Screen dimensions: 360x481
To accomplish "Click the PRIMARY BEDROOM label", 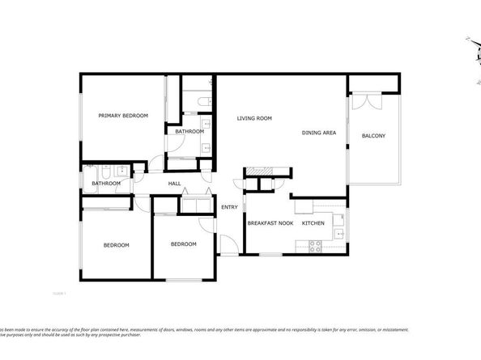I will tap(123, 116).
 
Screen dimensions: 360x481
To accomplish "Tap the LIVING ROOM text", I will tap(253, 119).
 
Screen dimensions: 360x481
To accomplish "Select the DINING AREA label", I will tap(319, 133).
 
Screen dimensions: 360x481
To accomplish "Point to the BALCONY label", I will tap(373, 135).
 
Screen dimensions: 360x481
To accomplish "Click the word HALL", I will tap(174, 184).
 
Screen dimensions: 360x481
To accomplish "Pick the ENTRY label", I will tap(229, 208).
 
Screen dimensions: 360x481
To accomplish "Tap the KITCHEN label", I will tap(313, 222).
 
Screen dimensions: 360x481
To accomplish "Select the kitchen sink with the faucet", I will tap(340, 234).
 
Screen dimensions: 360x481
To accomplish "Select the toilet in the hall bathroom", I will tap(105, 171).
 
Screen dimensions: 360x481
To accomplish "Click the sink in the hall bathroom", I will tap(121, 171).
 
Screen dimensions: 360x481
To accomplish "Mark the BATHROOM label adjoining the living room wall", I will tap(189, 131).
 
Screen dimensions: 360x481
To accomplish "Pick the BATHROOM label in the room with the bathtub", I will tap(106, 184).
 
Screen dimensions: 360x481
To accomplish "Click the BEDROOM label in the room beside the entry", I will tap(184, 244).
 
